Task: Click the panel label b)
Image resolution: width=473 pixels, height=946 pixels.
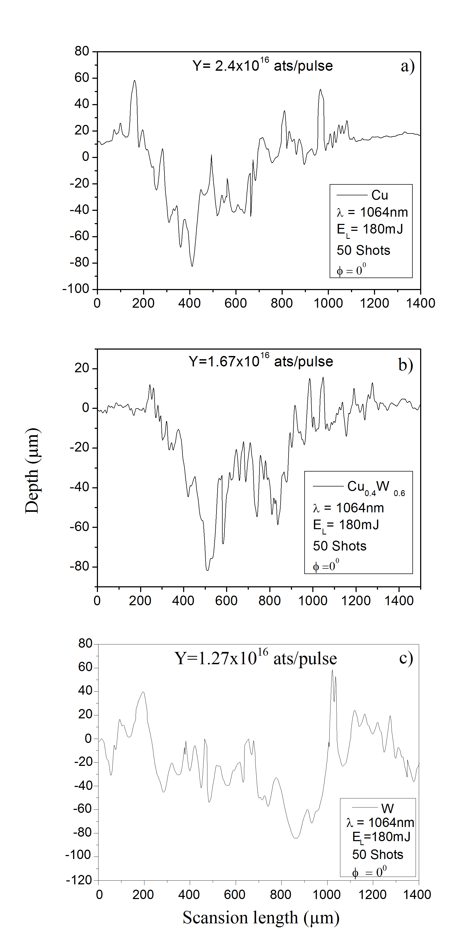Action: pos(406,365)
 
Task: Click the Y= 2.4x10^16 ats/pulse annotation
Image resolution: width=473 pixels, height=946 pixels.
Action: pos(263,65)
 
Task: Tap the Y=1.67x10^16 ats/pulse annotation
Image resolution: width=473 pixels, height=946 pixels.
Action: pos(261,361)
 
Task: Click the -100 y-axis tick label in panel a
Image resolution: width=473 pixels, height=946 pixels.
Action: pos(76,289)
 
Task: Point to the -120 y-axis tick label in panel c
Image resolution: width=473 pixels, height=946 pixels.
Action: pos(78,880)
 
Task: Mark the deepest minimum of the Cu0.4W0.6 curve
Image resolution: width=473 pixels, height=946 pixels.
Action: pos(207,570)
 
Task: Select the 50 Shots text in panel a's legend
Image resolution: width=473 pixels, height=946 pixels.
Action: pos(363,251)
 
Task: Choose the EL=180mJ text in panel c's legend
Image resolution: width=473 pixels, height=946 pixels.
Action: pos(381,836)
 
